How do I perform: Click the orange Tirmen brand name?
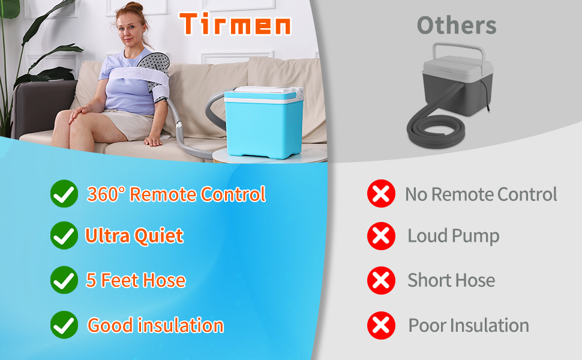pos(235,24)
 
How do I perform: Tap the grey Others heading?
pos(457,25)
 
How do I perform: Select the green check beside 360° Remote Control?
pos(64,194)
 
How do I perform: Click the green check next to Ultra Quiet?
pos(64,236)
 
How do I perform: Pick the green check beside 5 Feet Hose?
pos(64,280)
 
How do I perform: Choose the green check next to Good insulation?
pos(64,325)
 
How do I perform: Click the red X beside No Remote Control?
pos(381,194)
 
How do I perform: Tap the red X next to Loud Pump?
pos(381,236)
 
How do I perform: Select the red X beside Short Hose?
pos(381,281)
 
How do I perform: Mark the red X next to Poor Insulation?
pos(381,325)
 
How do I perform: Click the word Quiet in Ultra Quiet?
pos(158,236)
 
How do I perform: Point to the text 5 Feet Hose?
pos(136,280)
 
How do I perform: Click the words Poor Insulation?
pos(469,325)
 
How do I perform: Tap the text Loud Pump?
pos(453,236)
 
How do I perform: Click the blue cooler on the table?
pos(264,122)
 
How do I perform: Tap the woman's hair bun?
pos(134,7)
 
